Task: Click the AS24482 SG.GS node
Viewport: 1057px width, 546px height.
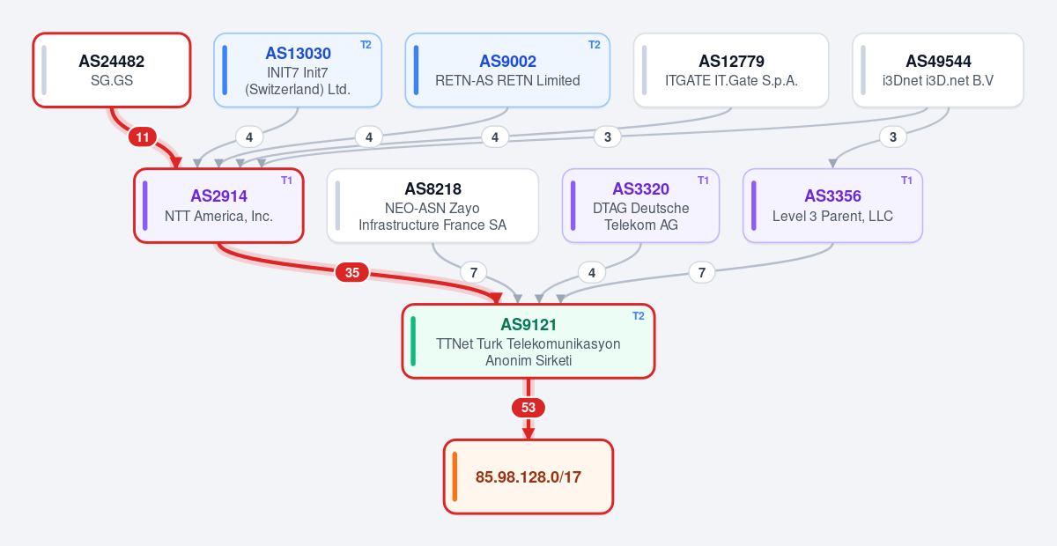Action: point(112,70)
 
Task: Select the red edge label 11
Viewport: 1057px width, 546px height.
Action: point(143,137)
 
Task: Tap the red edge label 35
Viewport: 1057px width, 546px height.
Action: point(352,273)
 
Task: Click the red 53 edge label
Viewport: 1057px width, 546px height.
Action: point(528,408)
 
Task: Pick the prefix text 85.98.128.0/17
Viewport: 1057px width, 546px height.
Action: point(528,477)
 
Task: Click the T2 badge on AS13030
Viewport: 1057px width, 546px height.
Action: point(366,45)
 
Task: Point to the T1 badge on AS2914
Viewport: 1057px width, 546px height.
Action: point(286,181)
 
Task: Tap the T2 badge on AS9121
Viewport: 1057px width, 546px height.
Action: point(638,316)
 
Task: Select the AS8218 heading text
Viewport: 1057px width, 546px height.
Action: point(432,189)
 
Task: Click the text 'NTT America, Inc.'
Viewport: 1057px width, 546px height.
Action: point(219,216)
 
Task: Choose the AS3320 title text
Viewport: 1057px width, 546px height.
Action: point(641,189)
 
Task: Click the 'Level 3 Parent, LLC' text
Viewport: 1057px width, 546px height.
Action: point(833,216)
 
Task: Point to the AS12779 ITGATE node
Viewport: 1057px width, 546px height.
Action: point(731,70)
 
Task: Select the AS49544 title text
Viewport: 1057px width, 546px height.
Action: point(938,62)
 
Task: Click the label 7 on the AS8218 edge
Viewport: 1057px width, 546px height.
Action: point(473,273)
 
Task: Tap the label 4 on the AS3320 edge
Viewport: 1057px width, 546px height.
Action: point(592,273)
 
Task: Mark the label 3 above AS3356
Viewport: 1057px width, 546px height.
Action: point(893,137)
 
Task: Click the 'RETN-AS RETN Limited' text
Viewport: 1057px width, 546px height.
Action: point(507,81)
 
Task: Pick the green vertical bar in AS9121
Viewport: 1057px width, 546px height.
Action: point(413,341)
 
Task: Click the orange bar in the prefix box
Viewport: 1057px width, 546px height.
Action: point(455,476)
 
